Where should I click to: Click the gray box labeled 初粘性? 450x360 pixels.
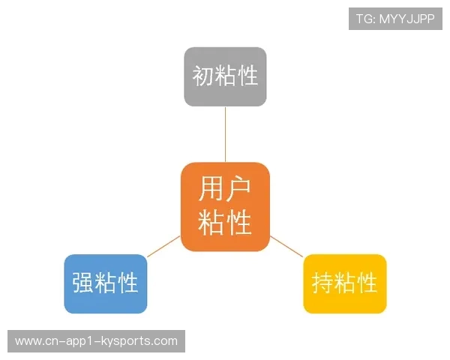(225, 76)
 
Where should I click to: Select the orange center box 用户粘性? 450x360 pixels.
(225, 206)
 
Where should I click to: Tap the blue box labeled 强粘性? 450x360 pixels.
(105, 283)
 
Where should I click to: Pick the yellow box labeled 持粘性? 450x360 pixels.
(344, 283)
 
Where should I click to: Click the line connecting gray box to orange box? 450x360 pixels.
(225, 134)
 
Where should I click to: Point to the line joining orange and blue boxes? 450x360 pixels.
(163, 246)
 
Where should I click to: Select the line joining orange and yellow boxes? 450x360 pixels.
(286, 245)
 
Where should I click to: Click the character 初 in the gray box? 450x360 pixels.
(202, 76)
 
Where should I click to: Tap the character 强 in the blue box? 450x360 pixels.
(82, 283)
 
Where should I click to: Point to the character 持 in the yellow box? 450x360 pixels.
(322, 283)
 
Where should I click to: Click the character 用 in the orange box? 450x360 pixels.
(211, 190)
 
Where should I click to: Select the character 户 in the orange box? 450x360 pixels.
(238, 190)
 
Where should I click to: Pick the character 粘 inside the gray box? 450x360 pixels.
(225, 76)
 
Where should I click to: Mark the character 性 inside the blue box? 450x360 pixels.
(127, 283)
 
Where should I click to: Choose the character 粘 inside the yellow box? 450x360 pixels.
(344, 283)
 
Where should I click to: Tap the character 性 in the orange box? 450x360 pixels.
(238, 223)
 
